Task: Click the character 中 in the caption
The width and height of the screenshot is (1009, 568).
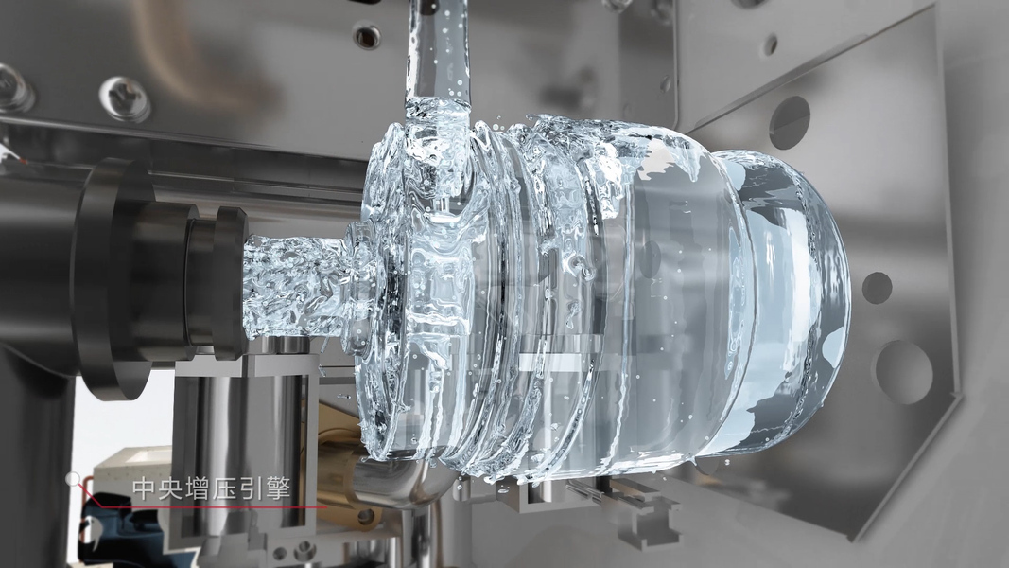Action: click(142, 488)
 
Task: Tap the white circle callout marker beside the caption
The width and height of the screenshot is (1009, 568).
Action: click(74, 478)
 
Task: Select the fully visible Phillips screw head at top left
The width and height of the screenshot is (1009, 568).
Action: click(124, 98)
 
